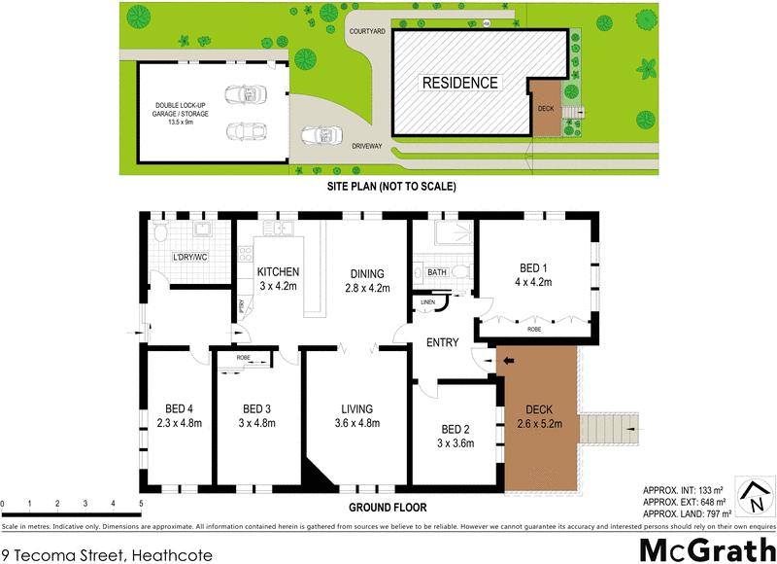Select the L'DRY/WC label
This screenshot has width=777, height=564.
click(190, 257)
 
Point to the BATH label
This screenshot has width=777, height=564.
click(437, 272)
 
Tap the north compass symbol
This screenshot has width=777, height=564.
click(753, 497)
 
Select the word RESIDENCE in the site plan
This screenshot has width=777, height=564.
click(459, 84)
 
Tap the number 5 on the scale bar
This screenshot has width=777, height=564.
click(141, 504)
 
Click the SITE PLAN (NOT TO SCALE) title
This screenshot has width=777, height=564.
click(388, 186)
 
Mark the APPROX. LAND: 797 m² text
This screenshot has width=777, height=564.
click(685, 513)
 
